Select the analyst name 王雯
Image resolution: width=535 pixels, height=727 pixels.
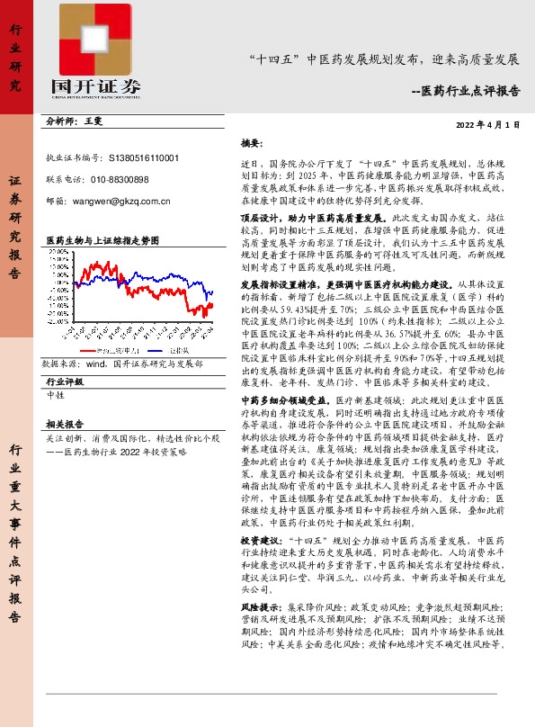pos(94,120)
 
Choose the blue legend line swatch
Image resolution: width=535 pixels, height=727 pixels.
pos(150,348)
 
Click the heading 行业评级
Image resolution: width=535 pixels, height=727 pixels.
pos(64,381)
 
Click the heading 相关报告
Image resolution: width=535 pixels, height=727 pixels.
pos(64,423)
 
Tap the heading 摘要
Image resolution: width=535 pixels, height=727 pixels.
pos(251,143)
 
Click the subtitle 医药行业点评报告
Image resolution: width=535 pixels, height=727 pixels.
pos(470,91)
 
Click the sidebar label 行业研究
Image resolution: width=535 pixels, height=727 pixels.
pos(14,58)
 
